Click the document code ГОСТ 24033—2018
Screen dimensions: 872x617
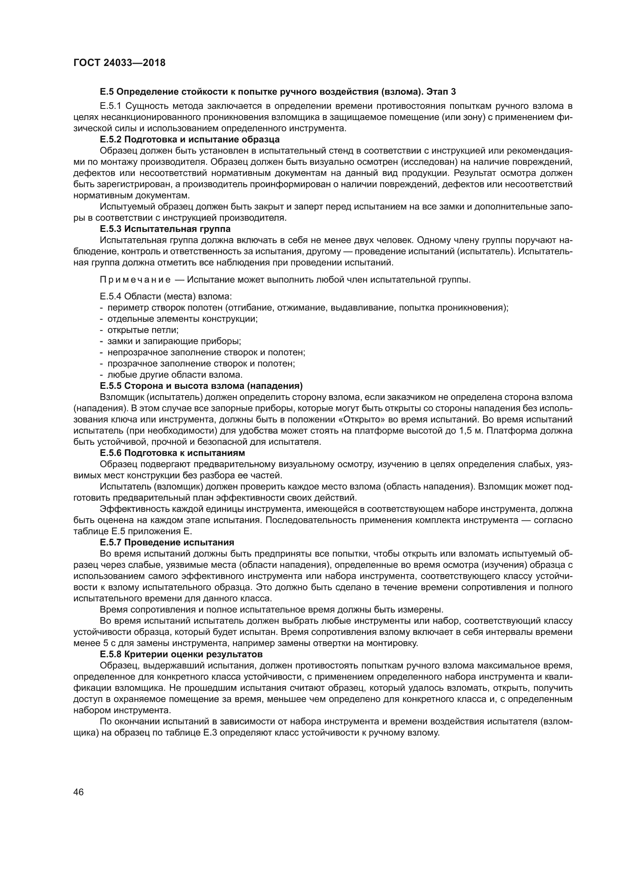click(119, 63)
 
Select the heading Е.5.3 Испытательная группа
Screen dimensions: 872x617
click(165, 229)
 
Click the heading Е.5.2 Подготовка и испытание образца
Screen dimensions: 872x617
click(190, 139)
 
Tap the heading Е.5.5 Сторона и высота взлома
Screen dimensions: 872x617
click(201, 386)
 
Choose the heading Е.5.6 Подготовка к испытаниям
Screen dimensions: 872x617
click(172, 453)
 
